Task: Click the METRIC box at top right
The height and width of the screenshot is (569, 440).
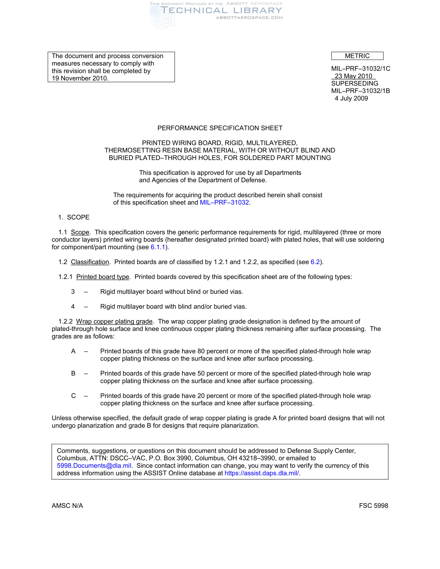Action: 357,56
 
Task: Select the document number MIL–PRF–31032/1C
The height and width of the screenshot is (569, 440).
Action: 361,69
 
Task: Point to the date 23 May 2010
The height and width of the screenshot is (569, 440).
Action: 353,76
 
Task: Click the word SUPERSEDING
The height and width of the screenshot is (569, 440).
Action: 355,83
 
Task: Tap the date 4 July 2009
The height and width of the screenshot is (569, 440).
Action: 351,98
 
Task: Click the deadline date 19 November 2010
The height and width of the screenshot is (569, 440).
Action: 80,78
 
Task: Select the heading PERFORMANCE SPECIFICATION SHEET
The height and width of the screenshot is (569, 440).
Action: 220,128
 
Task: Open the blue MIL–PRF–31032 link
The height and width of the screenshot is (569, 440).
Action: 224,203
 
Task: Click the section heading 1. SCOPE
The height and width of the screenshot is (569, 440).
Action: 74,217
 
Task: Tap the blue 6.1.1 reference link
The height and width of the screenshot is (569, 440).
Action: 158,247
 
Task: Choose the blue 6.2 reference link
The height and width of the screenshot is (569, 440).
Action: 315,262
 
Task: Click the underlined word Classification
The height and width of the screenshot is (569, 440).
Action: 90,262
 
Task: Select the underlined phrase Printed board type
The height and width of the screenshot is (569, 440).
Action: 103,277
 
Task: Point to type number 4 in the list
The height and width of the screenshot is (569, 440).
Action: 73,306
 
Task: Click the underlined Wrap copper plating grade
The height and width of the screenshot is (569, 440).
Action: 114,321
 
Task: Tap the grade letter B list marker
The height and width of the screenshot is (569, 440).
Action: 73,373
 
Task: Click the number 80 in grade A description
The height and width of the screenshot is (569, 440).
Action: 201,351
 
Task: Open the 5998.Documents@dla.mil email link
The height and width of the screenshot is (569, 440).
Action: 94,466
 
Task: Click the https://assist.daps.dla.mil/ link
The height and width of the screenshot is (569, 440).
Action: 261,473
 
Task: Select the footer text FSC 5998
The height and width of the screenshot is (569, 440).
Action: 373,506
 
